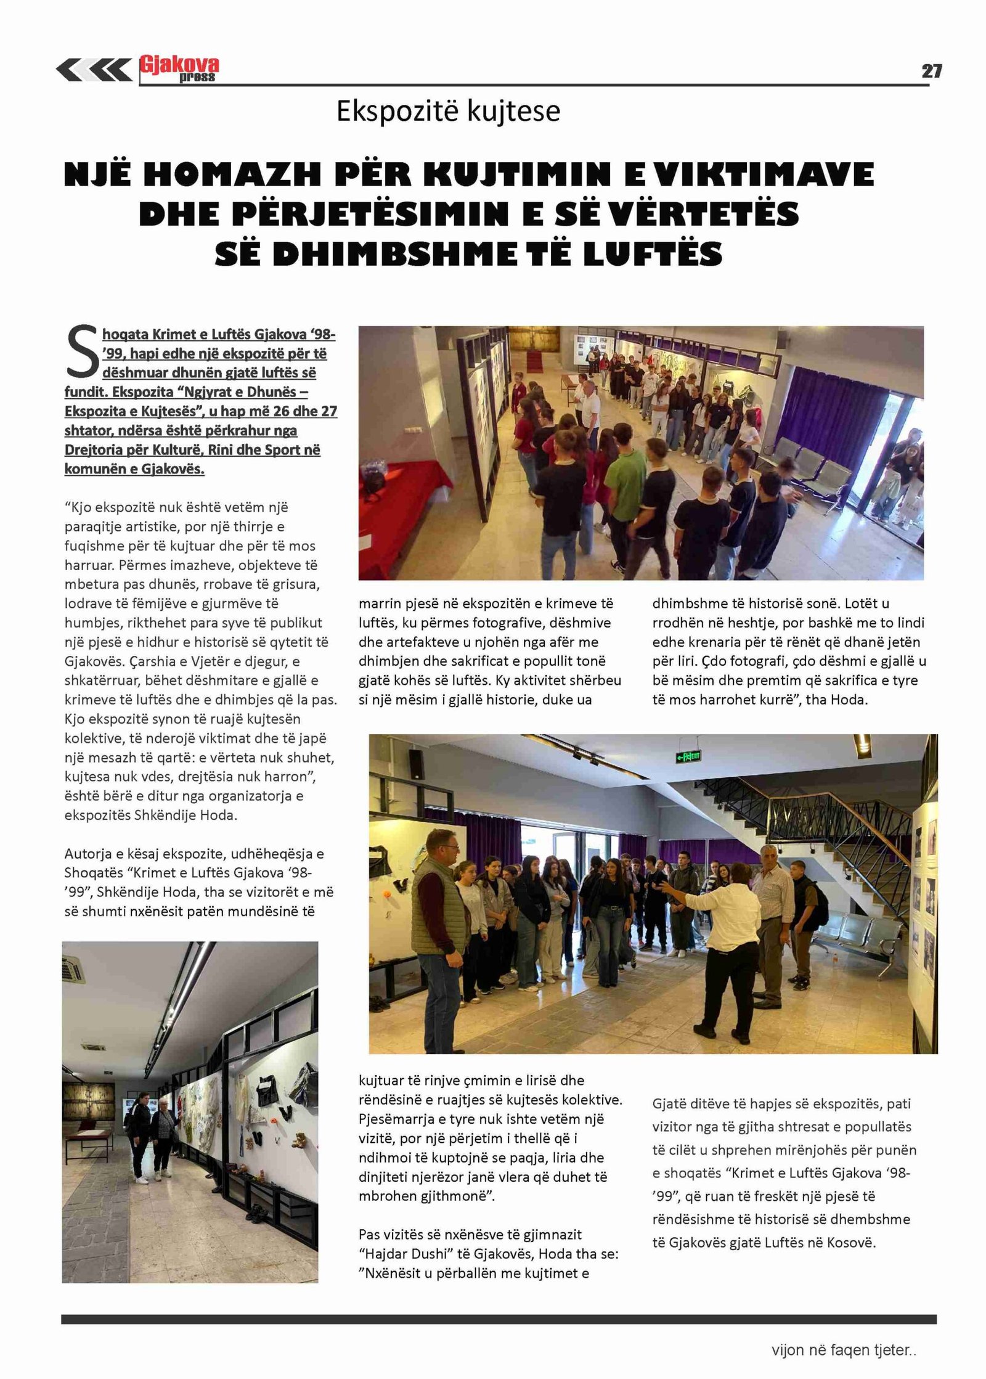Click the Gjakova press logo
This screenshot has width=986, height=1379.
click(179, 68)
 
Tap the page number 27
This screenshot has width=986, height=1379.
click(931, 71)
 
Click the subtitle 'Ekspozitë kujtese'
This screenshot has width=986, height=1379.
click(448, 112)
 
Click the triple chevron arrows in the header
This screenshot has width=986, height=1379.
click(94, 70)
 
